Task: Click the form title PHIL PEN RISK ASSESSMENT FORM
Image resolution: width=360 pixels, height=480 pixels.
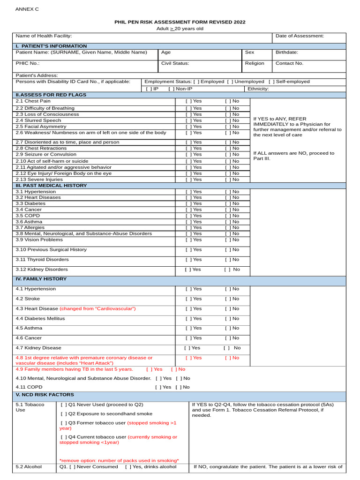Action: click(x=180, y=22)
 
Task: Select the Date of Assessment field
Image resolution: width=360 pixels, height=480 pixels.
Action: click(x=300, y=36)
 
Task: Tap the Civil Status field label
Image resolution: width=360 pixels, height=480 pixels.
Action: click(x=175, y=63)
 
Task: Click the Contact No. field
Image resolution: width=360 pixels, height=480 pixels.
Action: click(x=289, y=63)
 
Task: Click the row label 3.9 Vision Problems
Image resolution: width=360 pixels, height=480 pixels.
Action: click(x=39, y=240)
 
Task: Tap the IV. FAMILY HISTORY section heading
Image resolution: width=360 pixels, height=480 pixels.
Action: click(x=41, y=279)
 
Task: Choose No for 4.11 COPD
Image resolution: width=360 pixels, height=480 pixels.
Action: click(x=178, y=387)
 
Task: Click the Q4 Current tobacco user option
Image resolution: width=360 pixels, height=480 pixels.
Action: click(x=63, y=437)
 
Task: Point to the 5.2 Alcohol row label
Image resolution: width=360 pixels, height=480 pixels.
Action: click(x=29, y=467)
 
